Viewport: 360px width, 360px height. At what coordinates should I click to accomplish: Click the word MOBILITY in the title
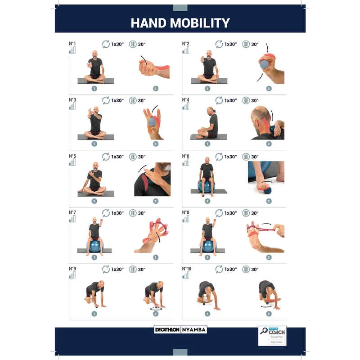pyautogui.click(x=198, y=23)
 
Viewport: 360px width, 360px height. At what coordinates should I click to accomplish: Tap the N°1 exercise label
pyautogui.click(x=72, y=44)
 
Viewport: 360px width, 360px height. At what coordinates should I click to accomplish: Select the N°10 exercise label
pyautogui.click(x=187, y=269)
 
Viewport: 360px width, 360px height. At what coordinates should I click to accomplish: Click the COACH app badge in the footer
pyautogui.click(x=273, y=335)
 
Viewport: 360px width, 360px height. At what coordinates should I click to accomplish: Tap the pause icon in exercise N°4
pyautogui.click(x=246, y=100)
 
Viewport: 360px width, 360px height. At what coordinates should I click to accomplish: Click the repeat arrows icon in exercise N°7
pyautogui.click(x=106, y=213)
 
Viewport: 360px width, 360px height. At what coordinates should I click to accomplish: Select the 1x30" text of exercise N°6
pyautogui.click(x=230, y=157)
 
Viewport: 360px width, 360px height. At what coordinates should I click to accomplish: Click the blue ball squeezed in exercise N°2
pyautogui.click(x=264, y=64)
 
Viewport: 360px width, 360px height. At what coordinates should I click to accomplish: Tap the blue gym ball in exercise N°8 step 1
pyautogui.click(x=207, y=246)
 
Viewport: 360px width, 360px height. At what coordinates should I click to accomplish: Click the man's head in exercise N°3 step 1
pyautogui.click(x=95, y=109)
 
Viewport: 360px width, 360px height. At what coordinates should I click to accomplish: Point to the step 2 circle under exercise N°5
pyautogui.click(x=156, y=201)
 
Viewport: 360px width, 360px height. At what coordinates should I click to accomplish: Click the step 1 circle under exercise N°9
pyautogui.click(x=94, y=314)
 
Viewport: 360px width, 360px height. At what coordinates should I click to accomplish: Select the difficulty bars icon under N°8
pyautogui.click(x=185, y=219)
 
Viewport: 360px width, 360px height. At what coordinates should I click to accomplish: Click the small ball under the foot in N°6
pyautogui.click(x=268, y=190)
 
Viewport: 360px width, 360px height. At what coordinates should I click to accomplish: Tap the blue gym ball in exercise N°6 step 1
pyautogui.click(x=206, y=186)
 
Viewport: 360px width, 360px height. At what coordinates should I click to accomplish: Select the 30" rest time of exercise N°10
pyautogui.click(x=255, y=269)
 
